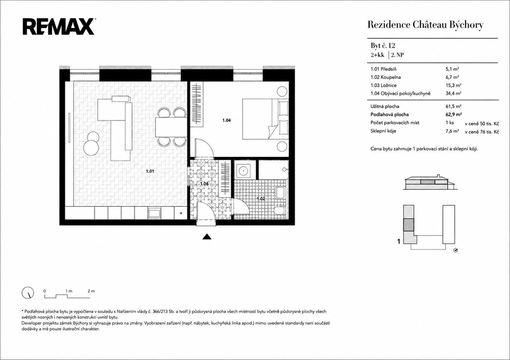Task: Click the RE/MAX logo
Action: (x=59, y=27)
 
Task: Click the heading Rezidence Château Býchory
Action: (x=425, y=25)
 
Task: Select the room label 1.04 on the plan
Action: (x=227, y=120)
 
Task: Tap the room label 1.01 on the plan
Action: (x=149, y=171)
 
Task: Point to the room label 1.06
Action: (x=204, y=184)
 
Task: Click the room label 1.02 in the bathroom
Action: (x=261, y=198)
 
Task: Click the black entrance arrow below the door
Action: (x=207, y=237)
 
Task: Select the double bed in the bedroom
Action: (x=265, y=119)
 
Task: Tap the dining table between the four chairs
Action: (x=171, y=127)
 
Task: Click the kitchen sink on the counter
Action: (x=154, y=213)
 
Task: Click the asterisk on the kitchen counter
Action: (x=181, y=213)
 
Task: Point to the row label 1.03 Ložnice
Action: (x=383, y=85)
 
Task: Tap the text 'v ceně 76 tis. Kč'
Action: (x=482, y=132)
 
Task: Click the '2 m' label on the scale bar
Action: (x=91, y=291)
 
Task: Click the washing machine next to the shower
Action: (x=243, y=170)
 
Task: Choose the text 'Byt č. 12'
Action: (x=383, y=45)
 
